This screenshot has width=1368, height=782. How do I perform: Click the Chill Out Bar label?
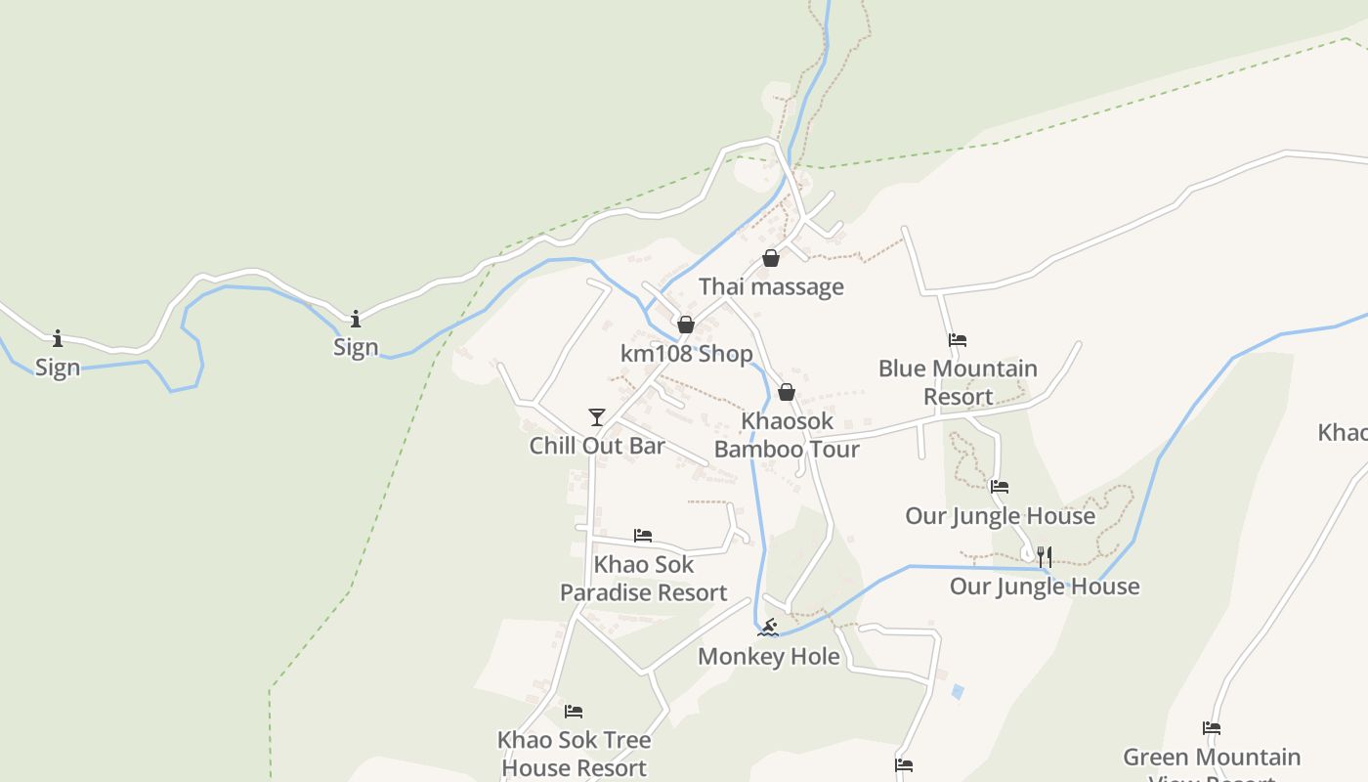click(597, 446)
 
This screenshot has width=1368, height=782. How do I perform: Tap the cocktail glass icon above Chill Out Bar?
click(597, 417)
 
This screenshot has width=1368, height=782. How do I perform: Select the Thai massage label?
click(771, 286)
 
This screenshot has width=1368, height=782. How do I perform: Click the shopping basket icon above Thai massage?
click(771, 258)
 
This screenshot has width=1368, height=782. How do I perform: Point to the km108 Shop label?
click(687, 353)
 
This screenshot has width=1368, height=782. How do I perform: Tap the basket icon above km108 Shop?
click(686, 325)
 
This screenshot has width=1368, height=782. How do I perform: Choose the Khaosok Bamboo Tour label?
click(787, 435)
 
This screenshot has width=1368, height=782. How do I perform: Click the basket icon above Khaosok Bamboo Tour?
click(787, 392)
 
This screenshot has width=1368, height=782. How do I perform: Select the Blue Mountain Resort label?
click(958, 382)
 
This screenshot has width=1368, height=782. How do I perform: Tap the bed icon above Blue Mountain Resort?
click(958, 340)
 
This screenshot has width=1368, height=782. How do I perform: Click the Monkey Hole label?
click(769, 656)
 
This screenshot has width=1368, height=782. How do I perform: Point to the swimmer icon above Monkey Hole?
click(769, 627)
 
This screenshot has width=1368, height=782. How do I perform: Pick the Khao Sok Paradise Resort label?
click(643, 578)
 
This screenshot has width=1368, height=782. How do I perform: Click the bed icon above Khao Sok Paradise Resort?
click(643, 535)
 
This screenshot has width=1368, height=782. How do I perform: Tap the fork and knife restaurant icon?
click(1045, 557)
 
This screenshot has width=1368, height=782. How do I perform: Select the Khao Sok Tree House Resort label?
click(575, 754)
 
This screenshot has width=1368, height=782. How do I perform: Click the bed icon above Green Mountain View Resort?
click(1212, 728)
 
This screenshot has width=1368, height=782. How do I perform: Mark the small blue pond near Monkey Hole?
click(958, 691)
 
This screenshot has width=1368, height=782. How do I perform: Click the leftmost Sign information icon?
click(58, 338)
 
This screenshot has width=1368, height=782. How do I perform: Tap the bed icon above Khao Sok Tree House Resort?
click(574, 711)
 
